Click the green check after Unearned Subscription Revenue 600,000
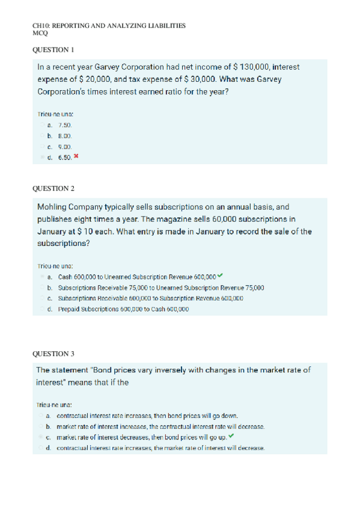pyautogui.click(x=219, y=275)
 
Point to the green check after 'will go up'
pyautogui.click(x=231, y=436)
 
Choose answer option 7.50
pyautogui.click(x=65, y=124)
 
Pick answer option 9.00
pyautogui.click(x=65, y=146)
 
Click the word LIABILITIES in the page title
pyautogui.click(x=165, y=26)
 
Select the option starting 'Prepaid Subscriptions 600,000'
pyautogui.click(x=123, y=309)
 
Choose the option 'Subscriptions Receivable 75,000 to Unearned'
pyautogui.click(x=161, y=287)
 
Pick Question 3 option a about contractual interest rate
pyautogui.click(x=147, y=415)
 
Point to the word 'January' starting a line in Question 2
pyautogui.click(x=53, y=231)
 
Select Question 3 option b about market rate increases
pyautogui.click(x=159, y=426)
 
